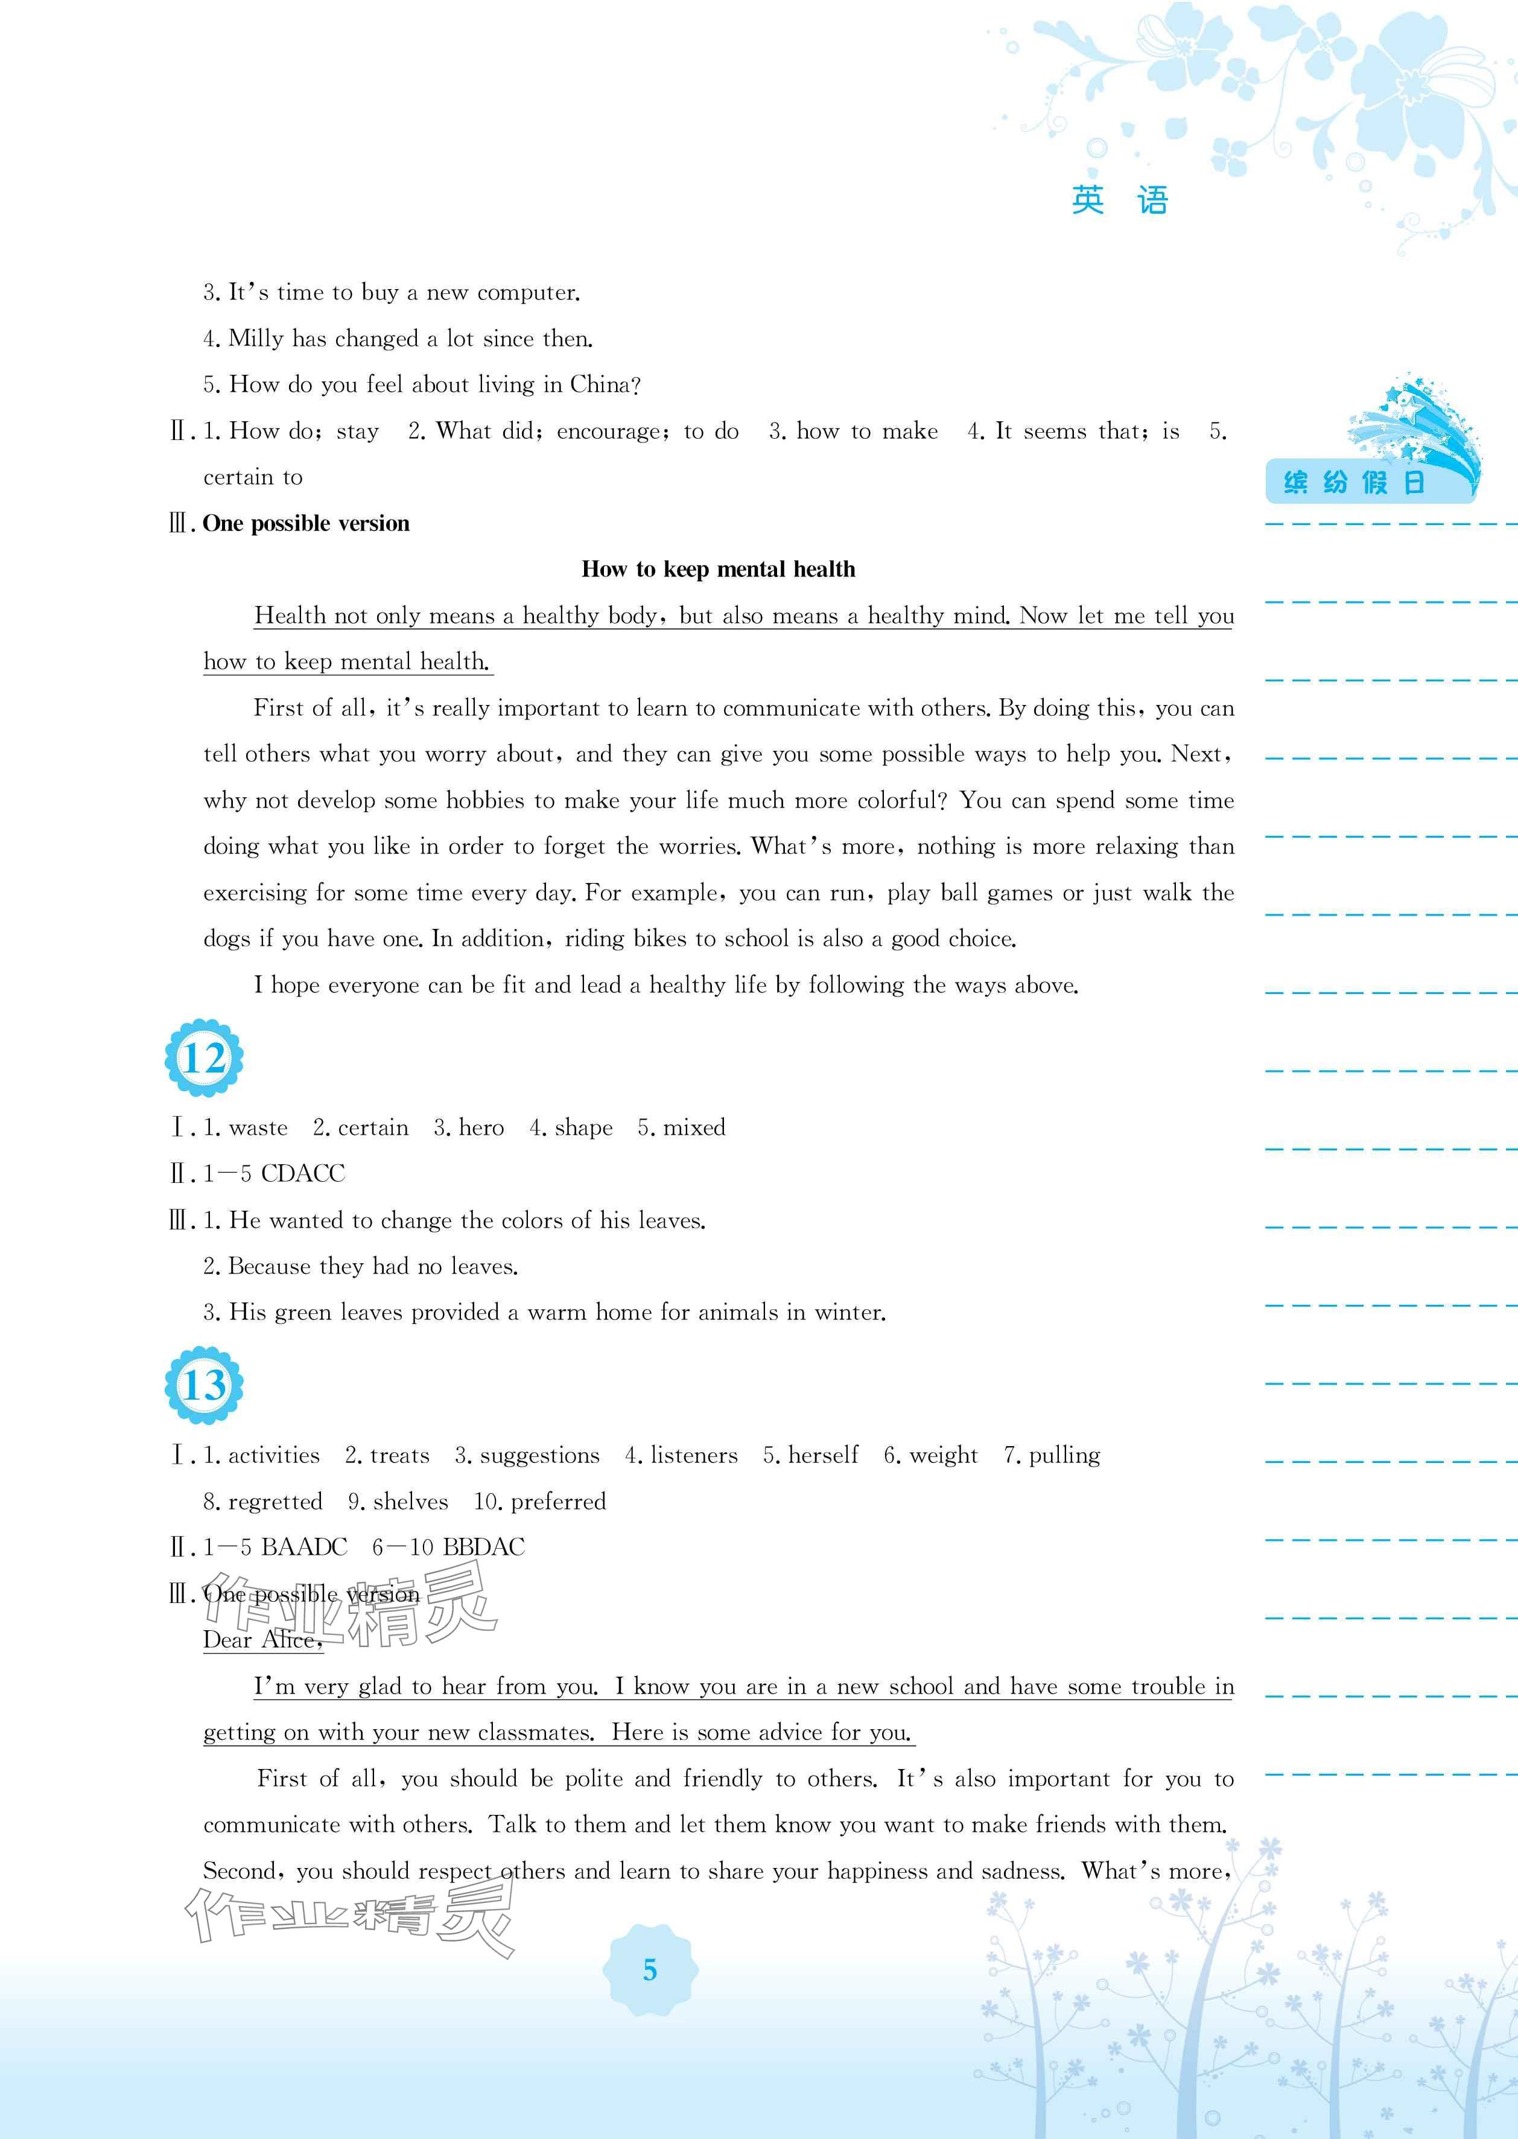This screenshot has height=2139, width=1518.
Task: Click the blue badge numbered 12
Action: pyautogui.click(x=204, y=1057)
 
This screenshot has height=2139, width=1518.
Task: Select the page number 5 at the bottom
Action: pyautogui.click(x=650, y=1970)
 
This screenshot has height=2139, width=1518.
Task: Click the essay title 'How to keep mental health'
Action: pyautogui.click(x=718, y=569)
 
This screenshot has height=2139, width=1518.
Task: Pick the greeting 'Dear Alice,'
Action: pyautogui.click(x=262, y=1640)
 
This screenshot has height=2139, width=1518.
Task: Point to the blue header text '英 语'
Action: pyautogui.click(x=1120, y=200)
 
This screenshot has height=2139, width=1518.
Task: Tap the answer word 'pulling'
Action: pyautogui.click(x=1065, y=1456)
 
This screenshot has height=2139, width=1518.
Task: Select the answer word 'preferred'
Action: pyautogui.click(x=558, y=1502)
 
